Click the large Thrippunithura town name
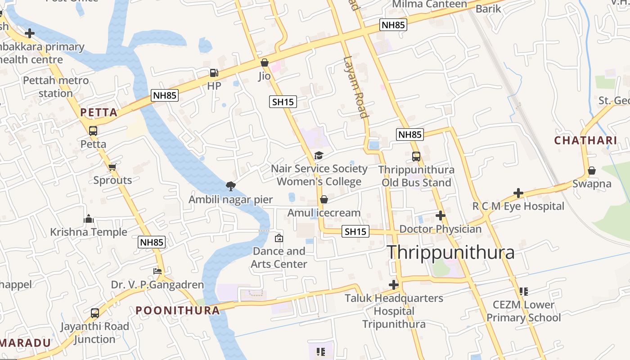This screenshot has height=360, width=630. [450, 252]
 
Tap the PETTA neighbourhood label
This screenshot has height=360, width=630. [99, 112]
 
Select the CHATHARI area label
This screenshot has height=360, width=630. [585, 140]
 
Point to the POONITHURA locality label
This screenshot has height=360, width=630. [178, 310]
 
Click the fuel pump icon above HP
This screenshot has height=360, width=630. [214, 73]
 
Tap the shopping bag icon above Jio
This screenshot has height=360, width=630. [265, 63]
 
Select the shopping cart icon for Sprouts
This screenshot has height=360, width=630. [112, 167]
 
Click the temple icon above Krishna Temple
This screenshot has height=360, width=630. [89, 219]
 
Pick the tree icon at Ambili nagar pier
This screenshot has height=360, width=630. [230, 186]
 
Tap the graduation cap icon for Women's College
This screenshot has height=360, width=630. [319, 156]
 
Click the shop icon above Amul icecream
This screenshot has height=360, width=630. [324, 199]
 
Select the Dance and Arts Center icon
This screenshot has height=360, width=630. [279, 238]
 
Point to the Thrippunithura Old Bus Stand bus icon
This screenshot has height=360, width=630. [416, 157]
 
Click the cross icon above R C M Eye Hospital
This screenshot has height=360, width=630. [518, 193]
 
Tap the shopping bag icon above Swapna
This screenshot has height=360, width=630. [592, 171]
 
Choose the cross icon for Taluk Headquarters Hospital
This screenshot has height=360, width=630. [394, 285]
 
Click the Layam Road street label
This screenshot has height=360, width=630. [356, 87]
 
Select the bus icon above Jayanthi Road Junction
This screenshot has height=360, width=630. [95, 313]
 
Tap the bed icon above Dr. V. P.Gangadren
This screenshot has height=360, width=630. [157, 271]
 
